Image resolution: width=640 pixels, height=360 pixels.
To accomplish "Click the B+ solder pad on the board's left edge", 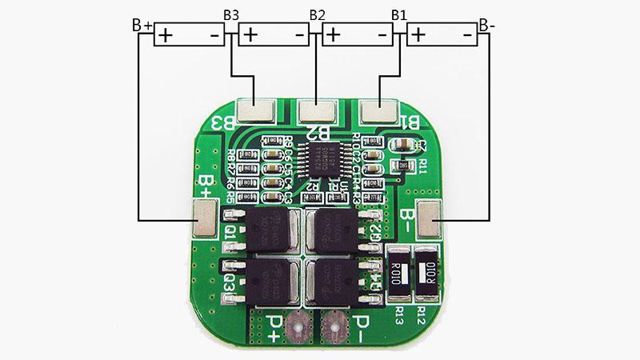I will (206, 218).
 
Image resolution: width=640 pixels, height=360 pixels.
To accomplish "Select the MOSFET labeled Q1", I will (266, 231).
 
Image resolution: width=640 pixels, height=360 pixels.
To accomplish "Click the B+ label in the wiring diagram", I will (142, 26).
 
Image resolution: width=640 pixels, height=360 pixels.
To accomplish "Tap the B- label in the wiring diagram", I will (486, 26).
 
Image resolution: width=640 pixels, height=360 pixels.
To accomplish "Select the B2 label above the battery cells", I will (317, 15).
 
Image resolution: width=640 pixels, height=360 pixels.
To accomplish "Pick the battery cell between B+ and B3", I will (189, 35).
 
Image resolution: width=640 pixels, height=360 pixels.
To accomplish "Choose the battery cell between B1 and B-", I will (442, 35).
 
